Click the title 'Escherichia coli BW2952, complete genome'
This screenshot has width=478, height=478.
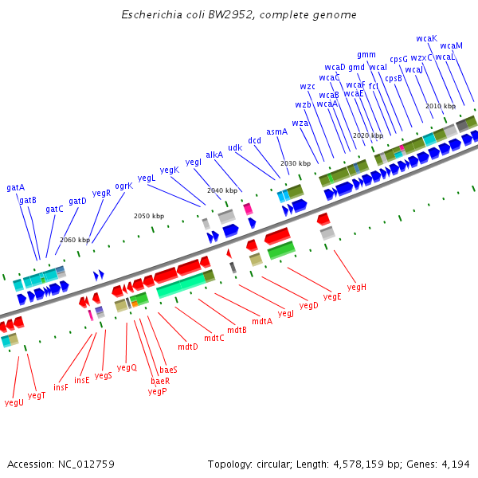point(239,15)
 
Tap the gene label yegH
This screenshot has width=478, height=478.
point(357,287)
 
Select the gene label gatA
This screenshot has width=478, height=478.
point(16,187)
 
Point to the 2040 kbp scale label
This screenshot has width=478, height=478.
point(222,190)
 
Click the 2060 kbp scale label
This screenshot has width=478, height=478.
point(75,240)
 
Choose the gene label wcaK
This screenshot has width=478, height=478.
point(426,38)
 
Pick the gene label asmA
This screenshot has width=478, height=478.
point(276,131)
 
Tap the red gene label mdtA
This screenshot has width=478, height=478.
point(262,321)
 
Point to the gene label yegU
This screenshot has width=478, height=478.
point(14,402)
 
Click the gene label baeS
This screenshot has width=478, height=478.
point(169,370)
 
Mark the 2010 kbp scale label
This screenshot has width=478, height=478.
point(440,106)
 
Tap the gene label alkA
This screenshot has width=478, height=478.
point(214,155)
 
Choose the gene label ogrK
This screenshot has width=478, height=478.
point(123,186)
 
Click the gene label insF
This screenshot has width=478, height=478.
point(61,386)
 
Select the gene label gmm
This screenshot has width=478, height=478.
point(366,55)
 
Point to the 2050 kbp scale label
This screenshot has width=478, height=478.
point(149,216)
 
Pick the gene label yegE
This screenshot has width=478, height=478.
point(332,296)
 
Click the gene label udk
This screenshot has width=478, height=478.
point(235,147)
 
